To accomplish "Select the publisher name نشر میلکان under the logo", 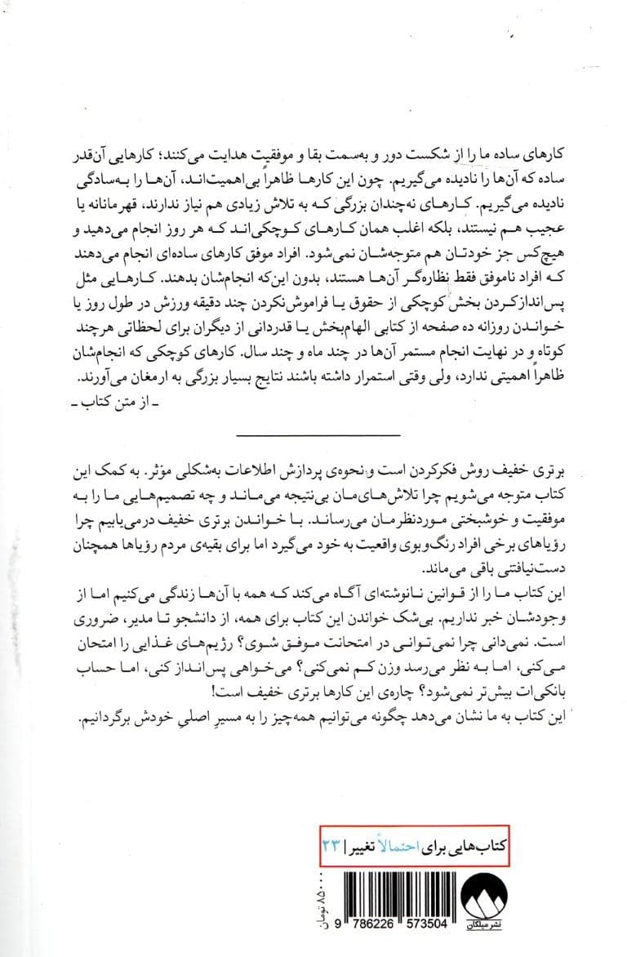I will [515, 922].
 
